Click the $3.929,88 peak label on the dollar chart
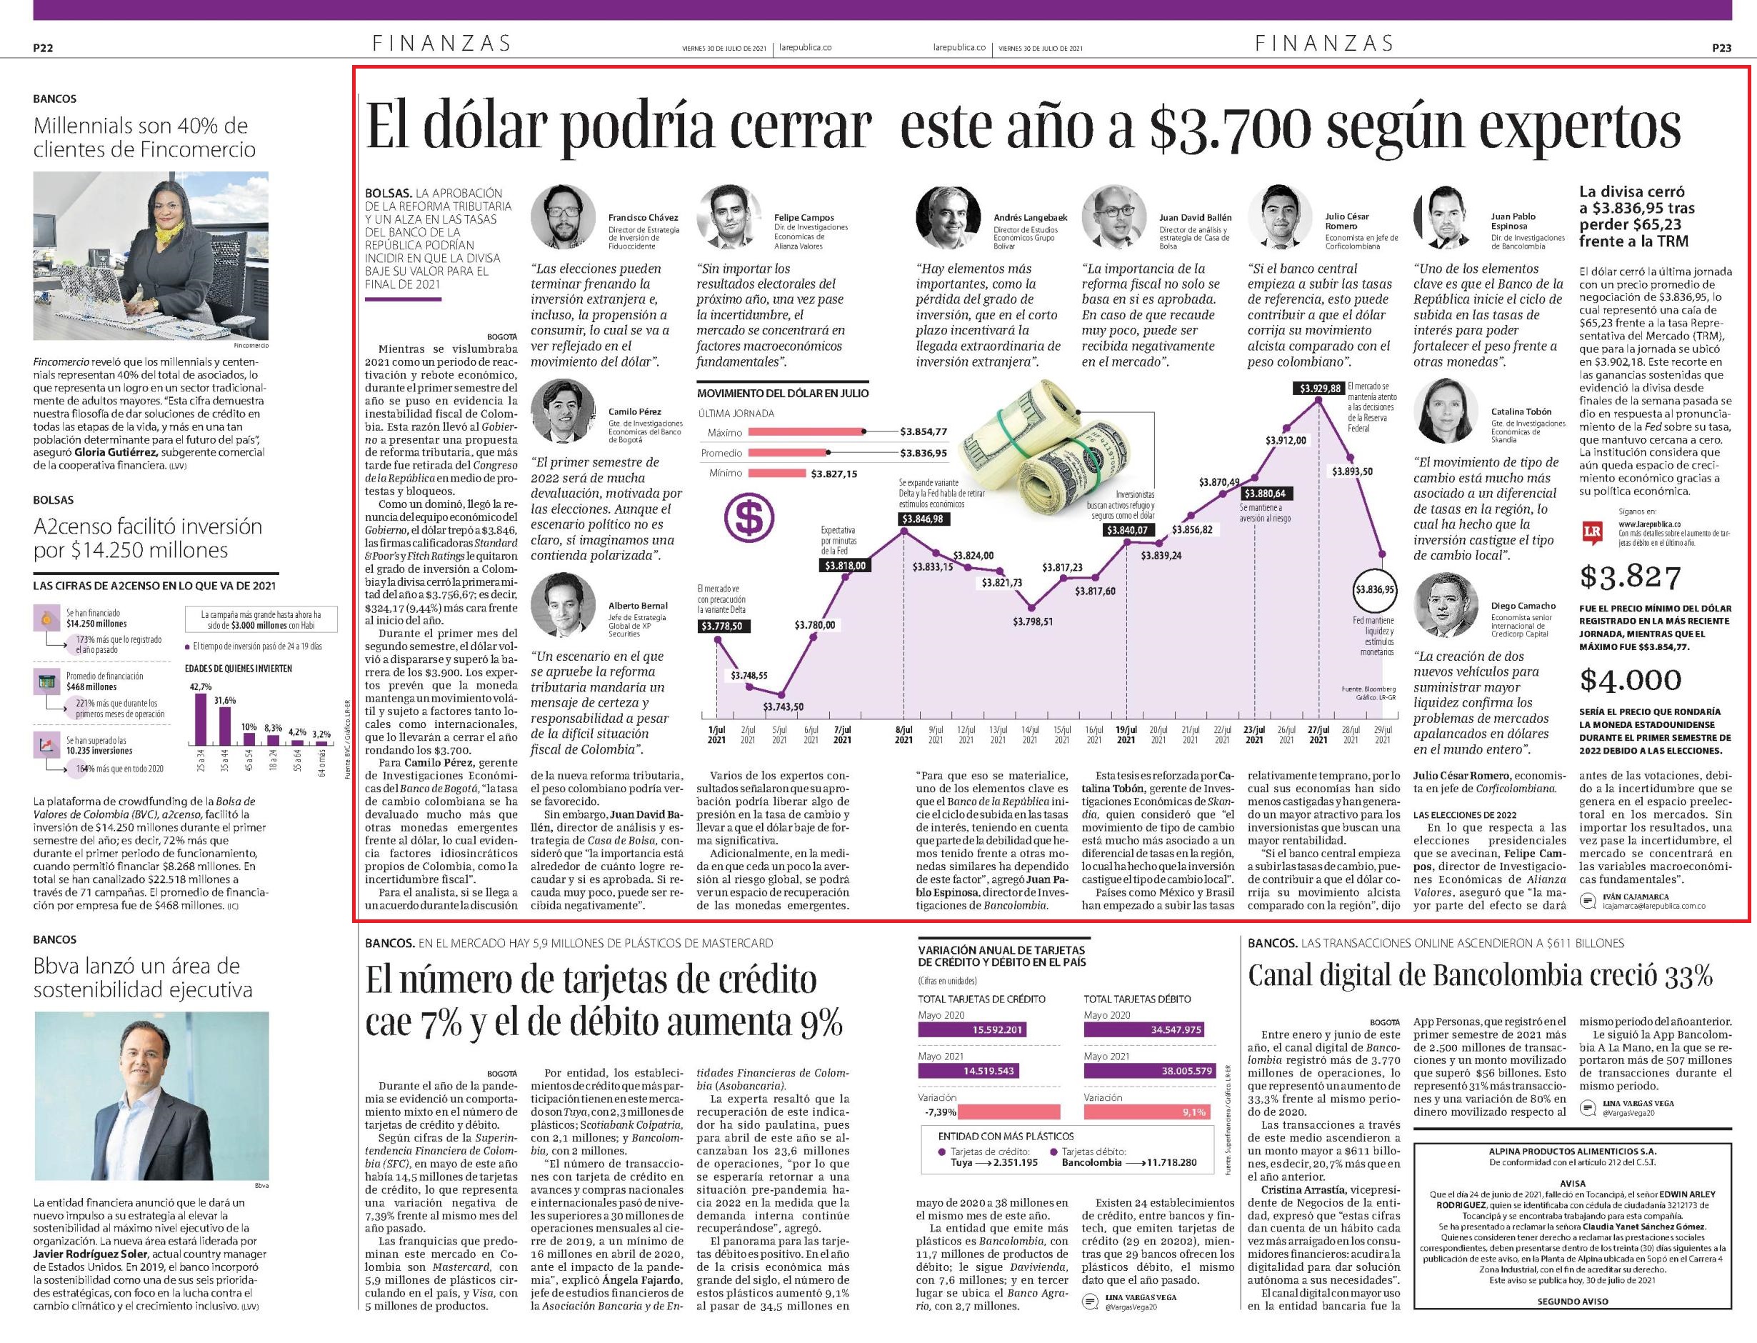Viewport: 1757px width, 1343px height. (x=1319, y=389)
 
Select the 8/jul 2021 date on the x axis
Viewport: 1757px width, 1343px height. (x=903, y=734)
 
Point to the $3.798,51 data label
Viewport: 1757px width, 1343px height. (x=1033, y=621)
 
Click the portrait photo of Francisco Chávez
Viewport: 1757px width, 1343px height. (x=563, y=216)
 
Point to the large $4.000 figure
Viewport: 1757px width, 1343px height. (x=1630, y=679)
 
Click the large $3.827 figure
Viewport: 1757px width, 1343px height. (x=1630, y=576)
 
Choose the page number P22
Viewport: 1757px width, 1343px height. (x=43, y=48)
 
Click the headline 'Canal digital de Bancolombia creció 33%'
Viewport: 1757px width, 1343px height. (x=1481, y=975)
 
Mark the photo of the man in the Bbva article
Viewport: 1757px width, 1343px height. (x=152, y=1096)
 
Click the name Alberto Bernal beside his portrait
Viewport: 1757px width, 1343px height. (x=637, y=606)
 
